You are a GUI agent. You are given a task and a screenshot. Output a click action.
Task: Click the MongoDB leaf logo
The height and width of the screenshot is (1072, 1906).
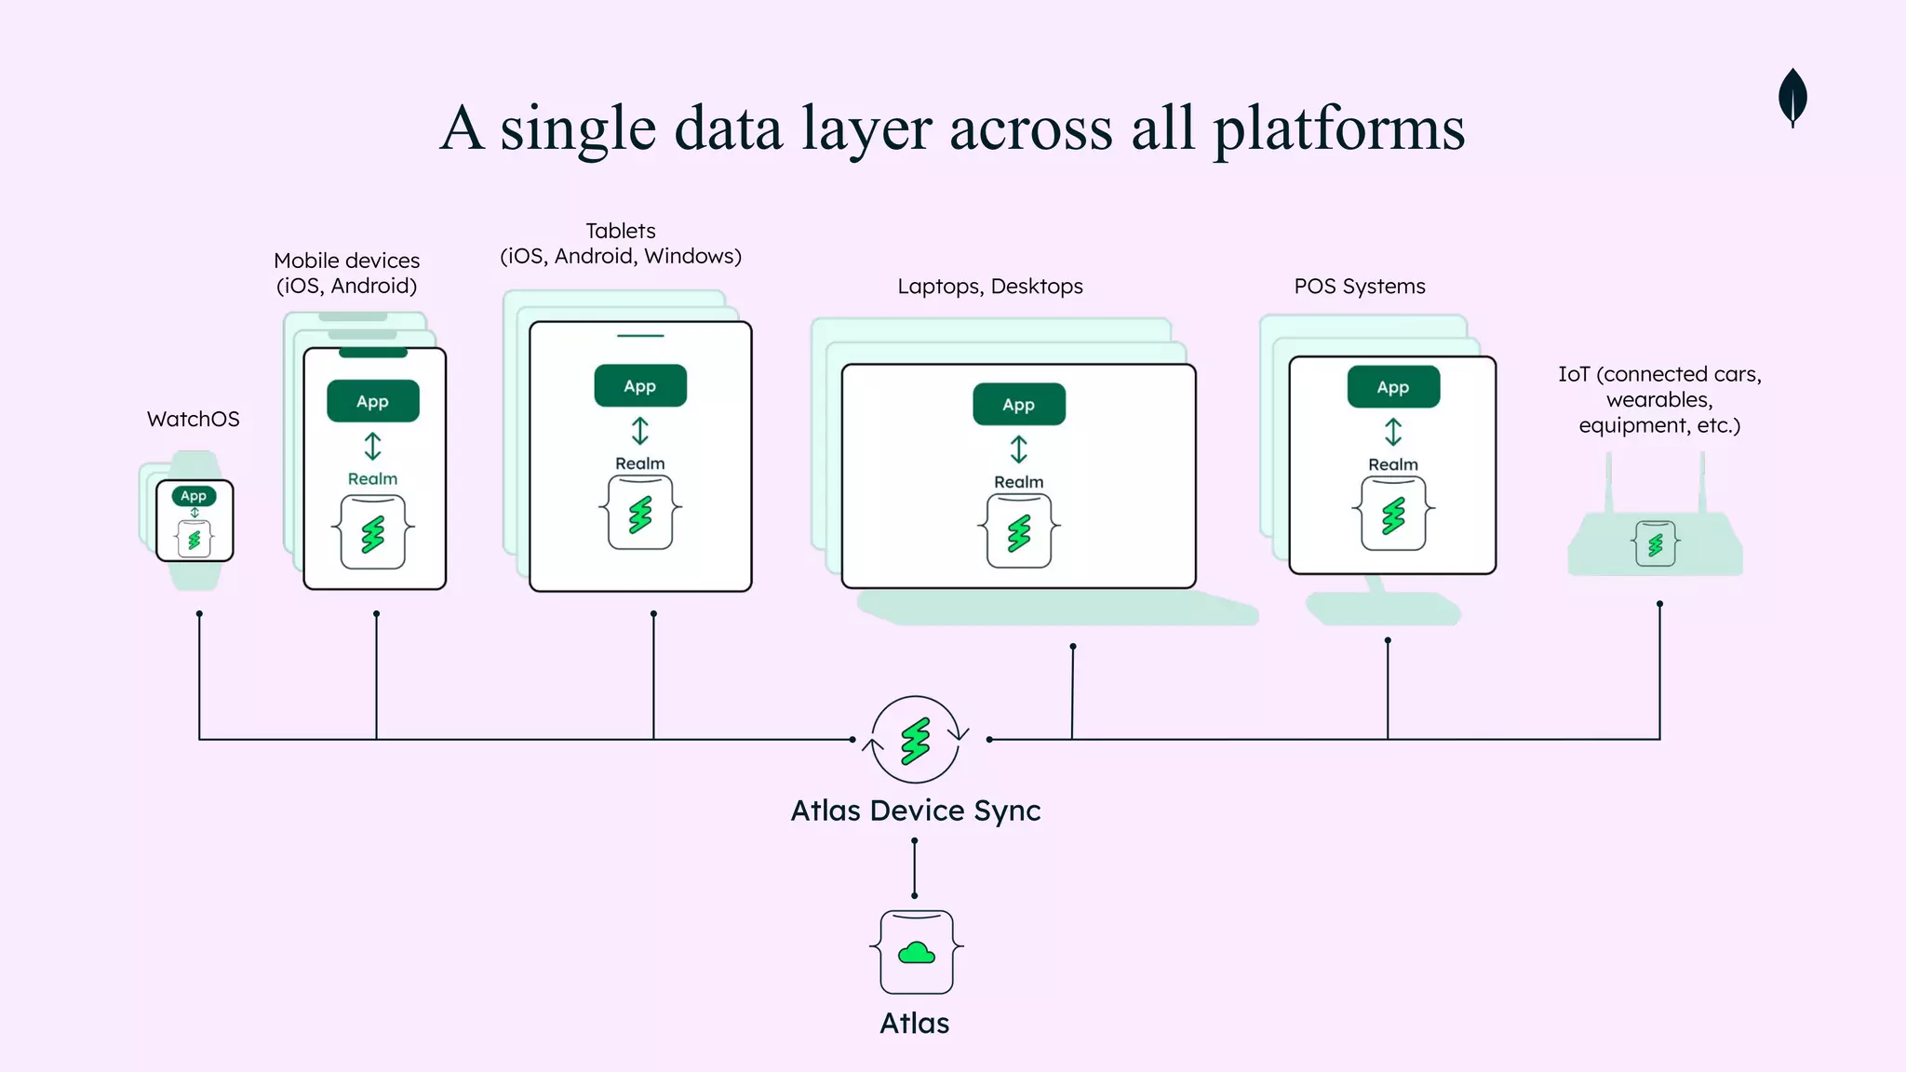(1792, 96)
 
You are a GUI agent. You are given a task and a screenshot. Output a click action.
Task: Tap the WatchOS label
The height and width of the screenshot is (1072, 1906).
(193, 419)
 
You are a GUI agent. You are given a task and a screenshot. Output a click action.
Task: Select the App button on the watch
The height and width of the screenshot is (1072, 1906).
(194, 496)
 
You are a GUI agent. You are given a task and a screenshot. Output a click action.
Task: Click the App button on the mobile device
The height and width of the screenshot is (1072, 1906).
(372, 401)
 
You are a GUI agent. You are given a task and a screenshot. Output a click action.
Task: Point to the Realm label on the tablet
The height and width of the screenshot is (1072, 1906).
(639, 463)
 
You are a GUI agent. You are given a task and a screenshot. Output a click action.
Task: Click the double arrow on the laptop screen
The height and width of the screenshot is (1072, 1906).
(1018, 449)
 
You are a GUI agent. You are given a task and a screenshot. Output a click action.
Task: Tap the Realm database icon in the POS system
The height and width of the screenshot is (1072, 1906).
(1392, 515)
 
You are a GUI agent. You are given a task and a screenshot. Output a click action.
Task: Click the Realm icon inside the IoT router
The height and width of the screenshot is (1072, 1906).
(1655, 544)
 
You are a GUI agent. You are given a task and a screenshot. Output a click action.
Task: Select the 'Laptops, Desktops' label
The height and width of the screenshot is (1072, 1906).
(989, 287)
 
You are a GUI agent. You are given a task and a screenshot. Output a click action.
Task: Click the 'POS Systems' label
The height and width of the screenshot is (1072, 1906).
(1359, 287)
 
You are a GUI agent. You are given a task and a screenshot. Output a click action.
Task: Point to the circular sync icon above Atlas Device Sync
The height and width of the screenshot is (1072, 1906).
(916, 741)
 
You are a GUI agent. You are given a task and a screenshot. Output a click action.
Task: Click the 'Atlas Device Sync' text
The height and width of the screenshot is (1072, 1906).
(915, 811)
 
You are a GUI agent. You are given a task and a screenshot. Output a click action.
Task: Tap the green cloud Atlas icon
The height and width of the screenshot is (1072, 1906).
(916, 953)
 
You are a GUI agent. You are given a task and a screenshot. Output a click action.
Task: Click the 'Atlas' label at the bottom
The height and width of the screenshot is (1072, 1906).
(914, 1023)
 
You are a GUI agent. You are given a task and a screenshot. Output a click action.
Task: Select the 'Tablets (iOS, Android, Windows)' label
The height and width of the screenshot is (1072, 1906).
(621, 244)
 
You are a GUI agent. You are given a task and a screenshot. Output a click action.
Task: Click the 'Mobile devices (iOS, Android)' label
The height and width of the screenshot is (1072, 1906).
(346, 273)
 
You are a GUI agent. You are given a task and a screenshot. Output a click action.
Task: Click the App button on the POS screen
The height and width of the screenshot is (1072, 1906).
(1392, 387)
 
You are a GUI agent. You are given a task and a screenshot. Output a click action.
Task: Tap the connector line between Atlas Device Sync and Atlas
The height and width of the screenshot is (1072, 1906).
(914, 868)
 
